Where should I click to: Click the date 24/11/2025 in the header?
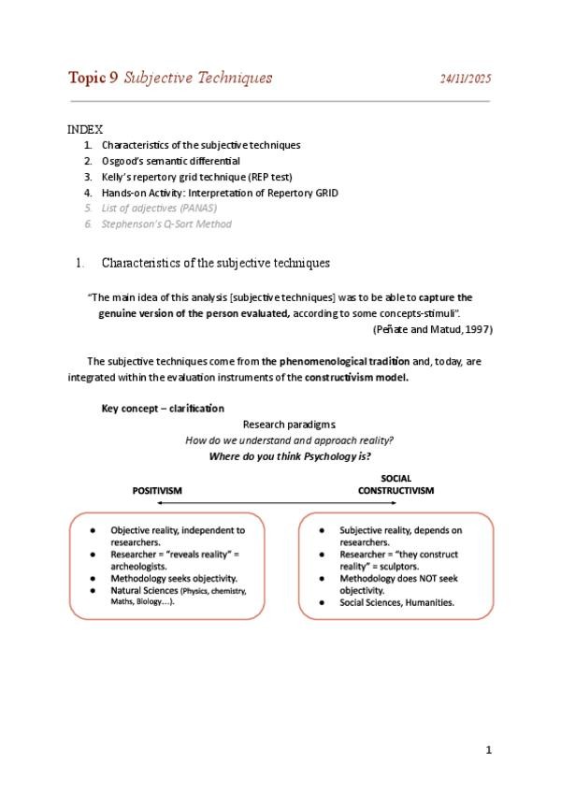point(466,79)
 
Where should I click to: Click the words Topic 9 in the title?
point(93,78)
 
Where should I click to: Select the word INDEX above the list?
point(85,129)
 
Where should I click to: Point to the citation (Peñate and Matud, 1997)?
point(432,329)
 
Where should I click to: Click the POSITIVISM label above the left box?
point(157,490)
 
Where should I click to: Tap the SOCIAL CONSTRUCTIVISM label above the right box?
point(396,484)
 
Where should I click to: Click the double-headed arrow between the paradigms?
point(277,504)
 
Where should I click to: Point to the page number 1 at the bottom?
point(488,749)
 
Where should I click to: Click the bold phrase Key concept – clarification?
point(163,408)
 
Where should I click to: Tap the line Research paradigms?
point(282,424)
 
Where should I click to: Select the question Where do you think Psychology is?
point(290,456)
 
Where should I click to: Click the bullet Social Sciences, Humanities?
point(396,603)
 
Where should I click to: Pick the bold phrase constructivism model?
point(355,378)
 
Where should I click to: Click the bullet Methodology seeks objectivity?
point(174,578)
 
